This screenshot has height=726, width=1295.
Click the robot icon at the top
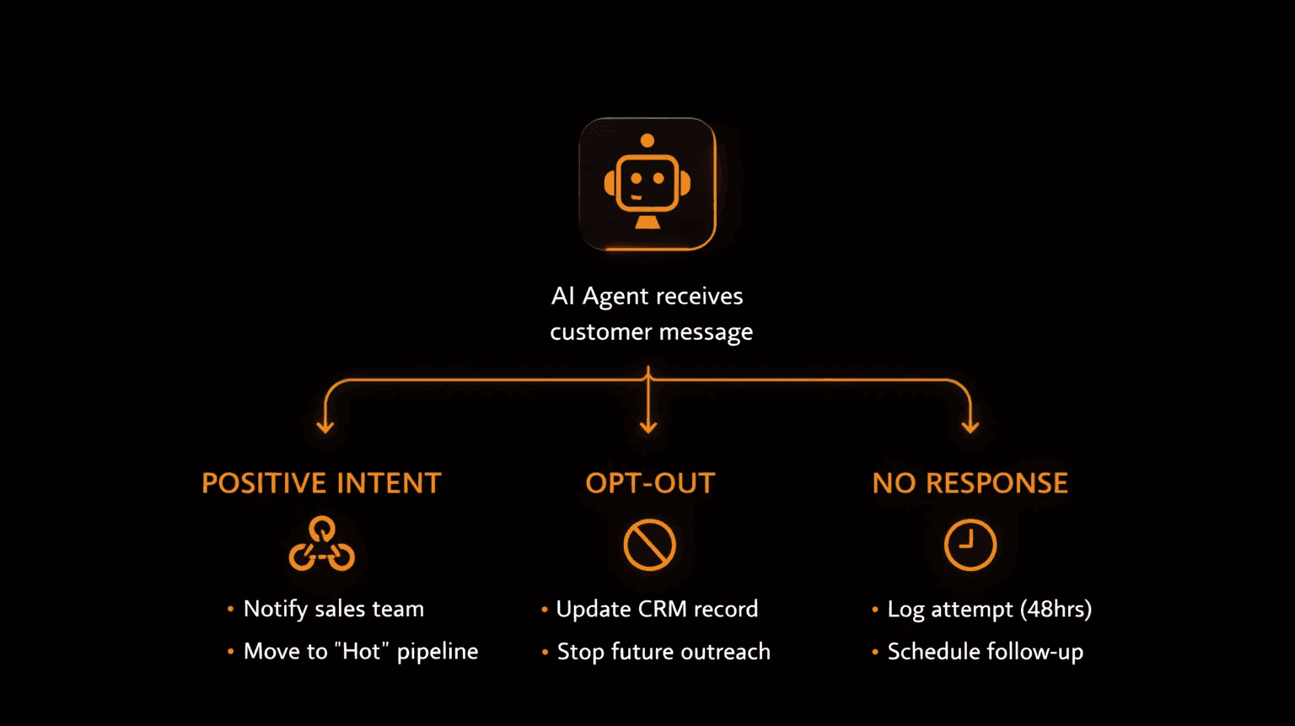[647, 185]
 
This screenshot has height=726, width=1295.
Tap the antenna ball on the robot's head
[647, 141]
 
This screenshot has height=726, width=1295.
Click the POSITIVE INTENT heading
[321, 483]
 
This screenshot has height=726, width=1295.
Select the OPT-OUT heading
[650, 483]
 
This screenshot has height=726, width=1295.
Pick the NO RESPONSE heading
[970, 483]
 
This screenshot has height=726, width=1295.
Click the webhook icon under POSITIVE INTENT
[321, 545]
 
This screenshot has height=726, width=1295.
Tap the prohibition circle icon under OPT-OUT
[649, 545]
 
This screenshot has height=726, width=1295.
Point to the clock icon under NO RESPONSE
[970, 545]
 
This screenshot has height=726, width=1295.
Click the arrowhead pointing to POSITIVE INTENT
[325, 426]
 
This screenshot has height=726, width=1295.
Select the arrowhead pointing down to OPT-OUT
[648, 426]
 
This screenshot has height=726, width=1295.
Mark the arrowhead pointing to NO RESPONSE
[970, 426]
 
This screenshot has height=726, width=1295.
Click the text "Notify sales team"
[334, 609]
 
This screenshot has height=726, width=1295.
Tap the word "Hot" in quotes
[362, 651]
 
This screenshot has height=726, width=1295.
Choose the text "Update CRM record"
[657, 609]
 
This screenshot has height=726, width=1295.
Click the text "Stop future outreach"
[664, 652]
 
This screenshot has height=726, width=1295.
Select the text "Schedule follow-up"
[985, 652]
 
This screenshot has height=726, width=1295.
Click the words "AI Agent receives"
[647, 296]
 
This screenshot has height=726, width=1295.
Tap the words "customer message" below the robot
[651, 332]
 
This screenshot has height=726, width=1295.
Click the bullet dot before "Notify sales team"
[230, 609]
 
